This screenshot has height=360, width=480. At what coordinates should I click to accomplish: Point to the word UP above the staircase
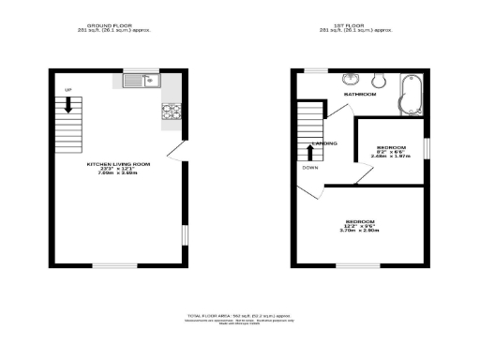(67, 89)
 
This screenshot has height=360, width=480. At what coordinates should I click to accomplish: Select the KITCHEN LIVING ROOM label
(119, 163)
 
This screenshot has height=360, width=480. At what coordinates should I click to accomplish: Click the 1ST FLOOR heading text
(360, 26)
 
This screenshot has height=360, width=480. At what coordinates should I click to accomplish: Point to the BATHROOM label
(359, 95)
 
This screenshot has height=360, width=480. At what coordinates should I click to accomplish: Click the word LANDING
(324, 142)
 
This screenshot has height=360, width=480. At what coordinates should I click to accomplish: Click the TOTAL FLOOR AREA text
(239, 318)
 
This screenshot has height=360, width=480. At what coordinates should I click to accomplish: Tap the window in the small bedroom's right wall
(427, 149)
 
